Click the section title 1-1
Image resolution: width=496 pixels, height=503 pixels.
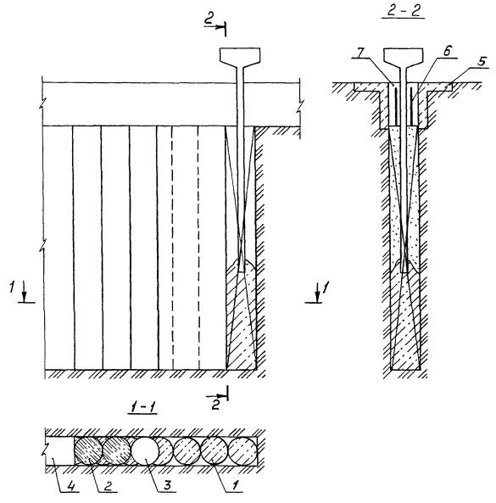point(142,407)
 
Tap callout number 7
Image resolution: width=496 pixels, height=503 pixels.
point(359,53)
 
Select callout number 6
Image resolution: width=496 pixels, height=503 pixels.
point(448,51)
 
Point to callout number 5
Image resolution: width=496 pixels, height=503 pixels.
point(482,62)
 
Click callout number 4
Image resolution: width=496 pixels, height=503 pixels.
point(70,487)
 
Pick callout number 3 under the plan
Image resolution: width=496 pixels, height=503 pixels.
point(167,485)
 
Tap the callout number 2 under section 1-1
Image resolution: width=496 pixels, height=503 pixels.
point(108,486)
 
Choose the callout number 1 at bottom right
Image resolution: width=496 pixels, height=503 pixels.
point(234,485)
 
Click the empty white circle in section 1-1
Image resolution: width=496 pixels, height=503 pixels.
point(145,450)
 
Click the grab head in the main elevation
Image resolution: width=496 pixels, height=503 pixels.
point(240,56)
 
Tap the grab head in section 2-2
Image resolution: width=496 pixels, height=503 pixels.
point(404,56)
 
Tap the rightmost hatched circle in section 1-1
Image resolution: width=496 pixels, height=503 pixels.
point(243,450)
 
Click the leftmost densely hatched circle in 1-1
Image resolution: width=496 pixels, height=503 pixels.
point(88,450)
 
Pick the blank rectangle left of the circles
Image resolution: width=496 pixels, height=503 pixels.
point(59,450)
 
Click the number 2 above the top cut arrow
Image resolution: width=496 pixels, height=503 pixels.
point(209,19)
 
